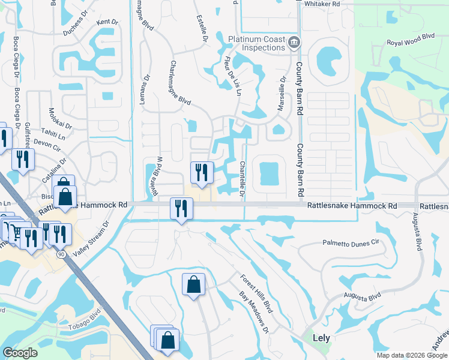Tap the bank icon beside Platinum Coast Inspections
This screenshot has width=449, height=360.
coord(295,42)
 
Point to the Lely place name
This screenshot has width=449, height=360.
coord(322,337)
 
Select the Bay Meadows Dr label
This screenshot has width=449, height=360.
coord(255,313)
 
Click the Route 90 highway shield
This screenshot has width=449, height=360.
coord(61,254)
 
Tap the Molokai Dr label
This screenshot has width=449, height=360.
coord(60,117)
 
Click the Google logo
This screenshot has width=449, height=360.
coord(21,353)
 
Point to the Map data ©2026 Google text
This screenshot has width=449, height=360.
coord(412,355)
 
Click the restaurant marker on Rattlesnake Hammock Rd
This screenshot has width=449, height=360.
coord(180,209)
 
